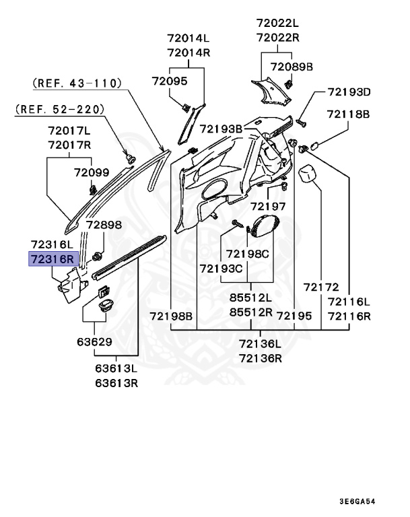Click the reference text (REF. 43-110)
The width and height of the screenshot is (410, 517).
coord(77,83)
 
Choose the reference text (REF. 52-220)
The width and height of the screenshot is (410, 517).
coord(60,108)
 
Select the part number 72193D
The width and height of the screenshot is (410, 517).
coord(349,92)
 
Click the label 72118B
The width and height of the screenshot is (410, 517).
coord(349,115)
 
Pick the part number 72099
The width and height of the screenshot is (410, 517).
coord(91,173)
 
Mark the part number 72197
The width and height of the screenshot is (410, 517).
coord(268,206)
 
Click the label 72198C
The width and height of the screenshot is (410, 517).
coord(247,254)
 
